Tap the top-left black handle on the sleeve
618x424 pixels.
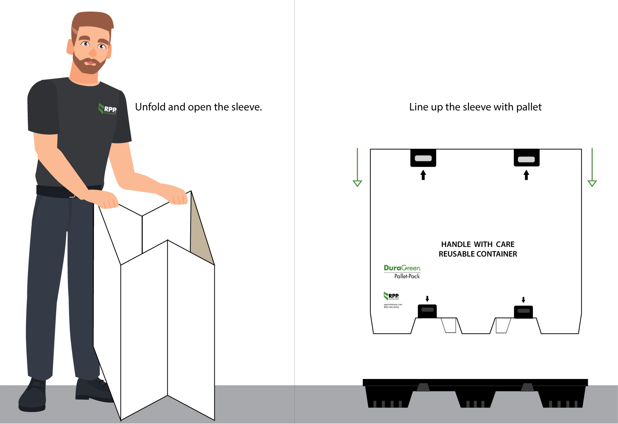pos(423,158)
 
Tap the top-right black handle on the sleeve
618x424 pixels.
pos(526,158)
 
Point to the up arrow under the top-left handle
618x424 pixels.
pos(423,175)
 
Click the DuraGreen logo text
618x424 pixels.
pos(402,268)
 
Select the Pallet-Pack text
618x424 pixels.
pos(407,276)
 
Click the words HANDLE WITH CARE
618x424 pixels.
pos(478,244)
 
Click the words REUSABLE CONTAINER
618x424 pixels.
pos(478,254)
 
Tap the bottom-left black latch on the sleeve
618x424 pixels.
pos(427,311)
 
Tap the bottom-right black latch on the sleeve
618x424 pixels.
pos(523,312)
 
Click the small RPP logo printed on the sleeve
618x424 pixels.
pos(391,296)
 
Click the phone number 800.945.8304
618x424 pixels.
pos(391,307)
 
